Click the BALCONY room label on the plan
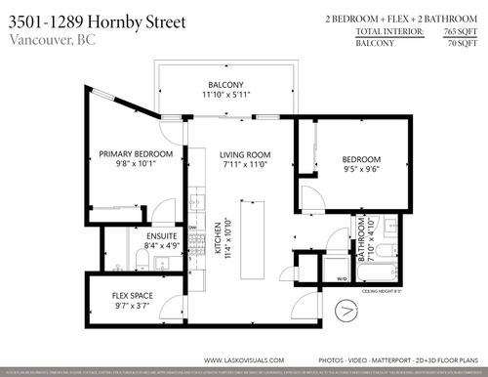[x=224, y=84]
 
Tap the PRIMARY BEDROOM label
[x=136, y=154]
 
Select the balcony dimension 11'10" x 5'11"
[x=224, y=96]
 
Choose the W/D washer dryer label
[x=342, y=278]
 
